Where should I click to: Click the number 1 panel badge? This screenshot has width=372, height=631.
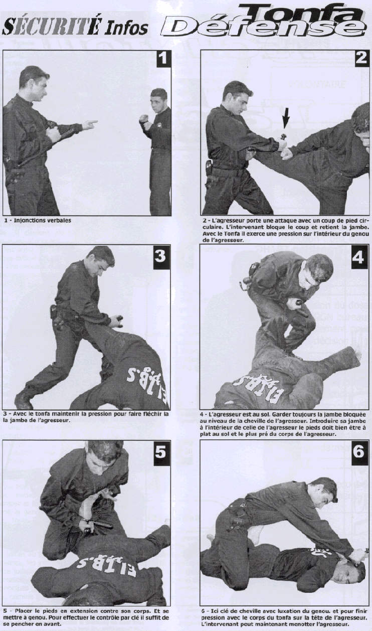tap(163, 58)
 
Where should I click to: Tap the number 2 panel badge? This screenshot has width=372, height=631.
tap(361, 58)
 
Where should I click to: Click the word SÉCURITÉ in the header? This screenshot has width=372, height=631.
tap(51, 27)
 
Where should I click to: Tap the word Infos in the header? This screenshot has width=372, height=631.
tap(126, 28)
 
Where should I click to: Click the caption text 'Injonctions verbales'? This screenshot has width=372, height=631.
tap(43, 220)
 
